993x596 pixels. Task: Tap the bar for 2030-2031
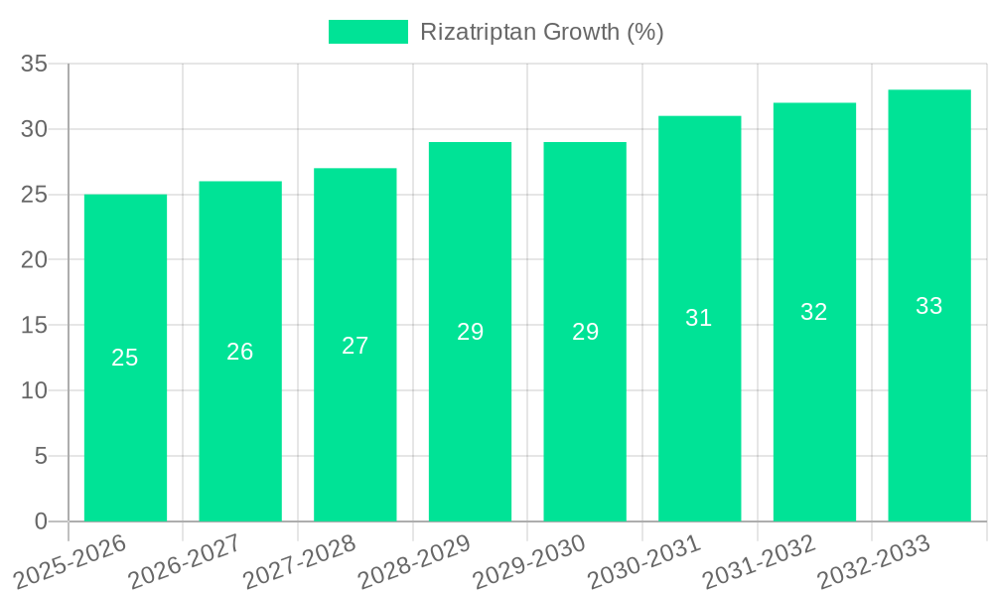point(699,417)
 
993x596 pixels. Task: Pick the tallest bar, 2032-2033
point(928,417)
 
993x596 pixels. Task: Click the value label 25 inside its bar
point(125,358)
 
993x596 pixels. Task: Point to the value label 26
point(240,352)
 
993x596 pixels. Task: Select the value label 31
point(699,318)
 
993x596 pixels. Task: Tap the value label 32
point(814,312)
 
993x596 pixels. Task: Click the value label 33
point(928,306)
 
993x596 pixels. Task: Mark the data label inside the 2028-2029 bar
point(470,332)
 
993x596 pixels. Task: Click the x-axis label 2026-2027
point(184,562)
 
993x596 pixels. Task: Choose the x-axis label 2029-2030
point(528,562)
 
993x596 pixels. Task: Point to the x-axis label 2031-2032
point(759,562)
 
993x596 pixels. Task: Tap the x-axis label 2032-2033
point(873,562)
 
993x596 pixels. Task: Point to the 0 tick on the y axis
point(41,521)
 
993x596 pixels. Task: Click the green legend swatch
point(367,32)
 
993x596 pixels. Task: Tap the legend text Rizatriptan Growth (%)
point(541,32)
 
